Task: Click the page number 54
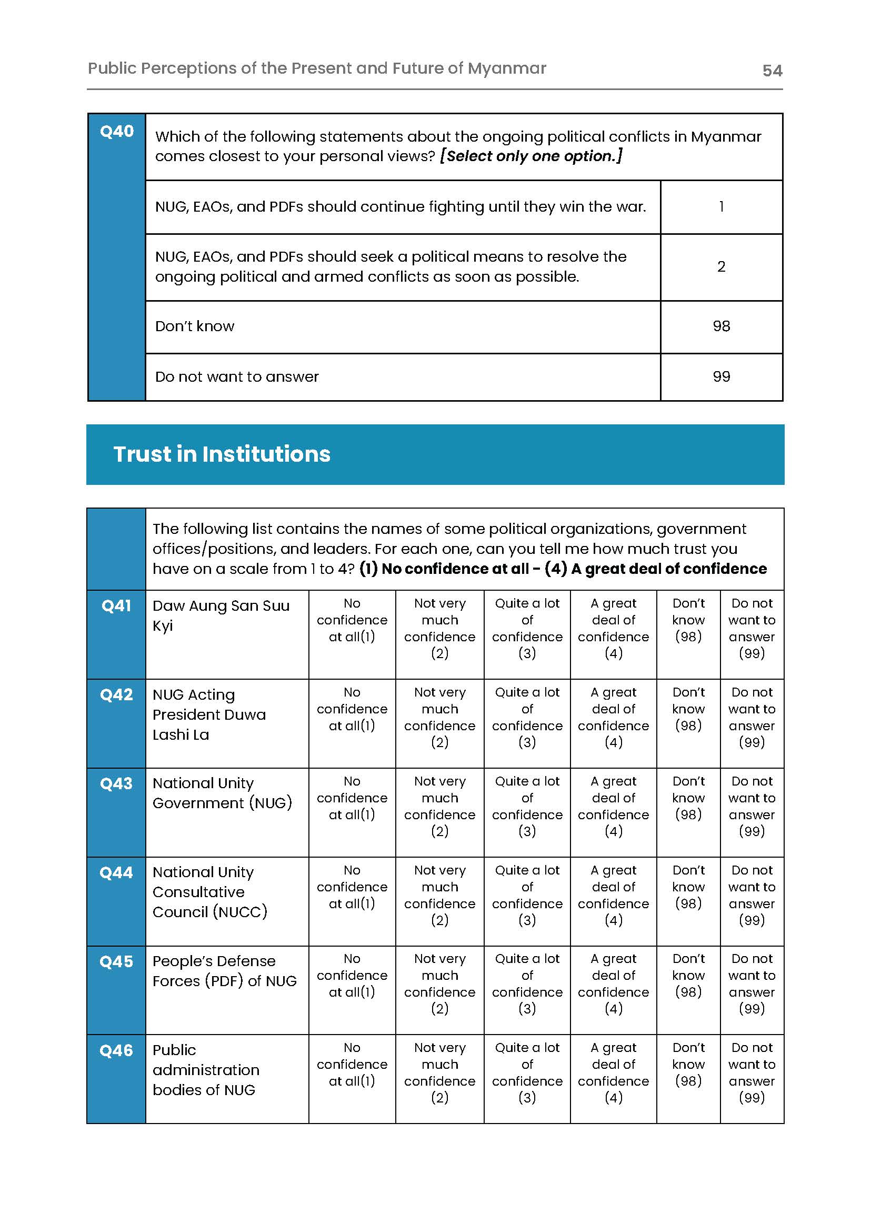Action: (772, 71)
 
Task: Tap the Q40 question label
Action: (116, 132)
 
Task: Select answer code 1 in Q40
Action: (721, 206)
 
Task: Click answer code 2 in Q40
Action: (721, 267)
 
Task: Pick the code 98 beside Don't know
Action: (721, 326)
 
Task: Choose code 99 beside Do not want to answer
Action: (721, 376)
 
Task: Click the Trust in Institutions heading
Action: (222, 454)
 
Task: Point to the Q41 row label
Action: (116, 606)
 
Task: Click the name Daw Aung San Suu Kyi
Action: (221, 615)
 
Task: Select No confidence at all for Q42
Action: (352, 709)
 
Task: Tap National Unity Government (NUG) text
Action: (222, 792)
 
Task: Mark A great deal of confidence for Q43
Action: (613, 806)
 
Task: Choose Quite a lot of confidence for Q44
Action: (527, 895)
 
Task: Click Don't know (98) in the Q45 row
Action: (688, 975)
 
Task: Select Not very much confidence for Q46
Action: (439, 1072)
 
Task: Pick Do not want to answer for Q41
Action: (752, 628)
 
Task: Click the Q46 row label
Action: (116, 1050)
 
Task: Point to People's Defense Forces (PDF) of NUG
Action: (224, 971)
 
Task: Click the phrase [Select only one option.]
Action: (531, 156)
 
